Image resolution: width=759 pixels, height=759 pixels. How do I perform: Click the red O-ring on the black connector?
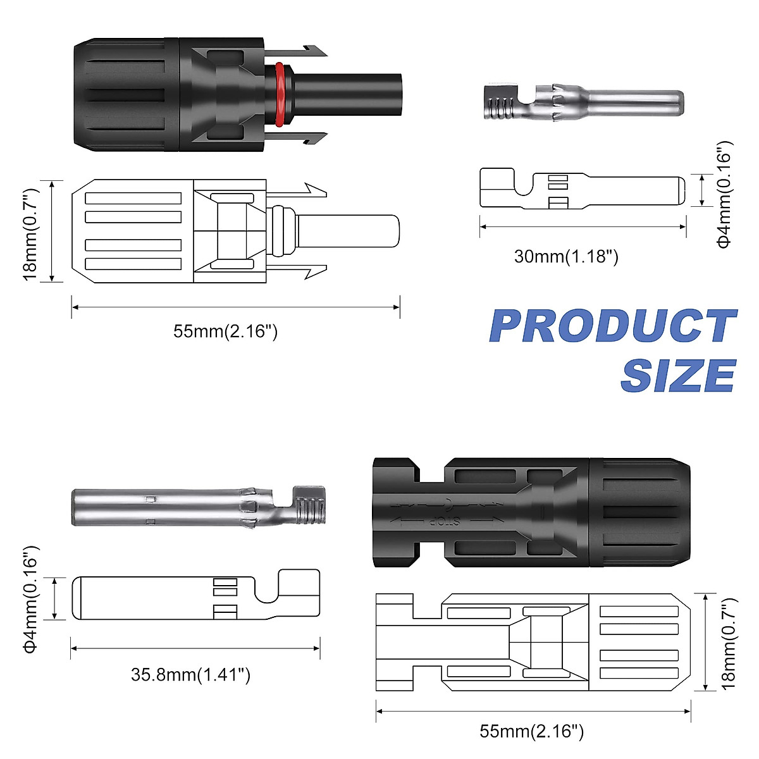click(280, 94)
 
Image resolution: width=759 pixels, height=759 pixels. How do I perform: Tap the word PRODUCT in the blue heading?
click(613, 326)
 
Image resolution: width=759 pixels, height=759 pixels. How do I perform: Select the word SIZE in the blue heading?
click(678, 375)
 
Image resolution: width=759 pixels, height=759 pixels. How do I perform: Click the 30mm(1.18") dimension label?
click(566, 256)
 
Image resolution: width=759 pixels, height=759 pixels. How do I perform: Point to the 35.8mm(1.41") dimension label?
click(190, 674)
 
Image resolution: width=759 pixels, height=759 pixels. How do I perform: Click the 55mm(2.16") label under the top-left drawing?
click(225, 331)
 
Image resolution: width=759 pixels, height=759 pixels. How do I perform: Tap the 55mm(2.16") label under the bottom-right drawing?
click(531, 731)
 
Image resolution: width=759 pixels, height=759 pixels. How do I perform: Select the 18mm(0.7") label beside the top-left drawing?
click(31, 235)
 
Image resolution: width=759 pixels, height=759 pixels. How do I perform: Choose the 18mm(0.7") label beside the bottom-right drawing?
click(729, 643)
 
